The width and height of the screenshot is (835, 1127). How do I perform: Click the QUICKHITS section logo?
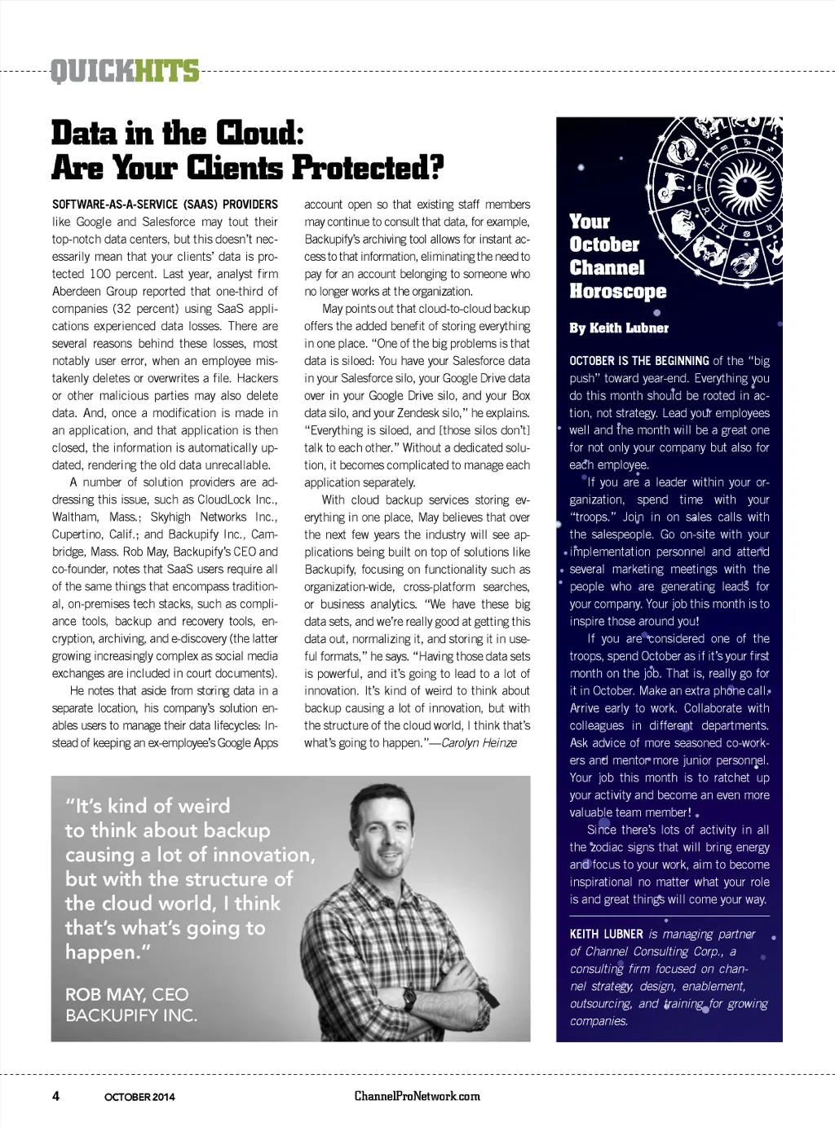tap(125, 72)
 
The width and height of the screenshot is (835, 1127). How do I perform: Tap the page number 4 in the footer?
tap(55, 1095)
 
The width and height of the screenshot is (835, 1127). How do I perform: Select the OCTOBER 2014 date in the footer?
tap(139, 1096)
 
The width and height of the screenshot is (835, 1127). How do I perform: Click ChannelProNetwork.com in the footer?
tap(417, 1095)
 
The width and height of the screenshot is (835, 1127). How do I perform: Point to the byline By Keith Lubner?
tap(619, 328)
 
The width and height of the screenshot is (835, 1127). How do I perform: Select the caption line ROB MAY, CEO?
tap(126, 994)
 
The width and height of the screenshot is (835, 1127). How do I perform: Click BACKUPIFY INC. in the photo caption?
tap(131, 1015)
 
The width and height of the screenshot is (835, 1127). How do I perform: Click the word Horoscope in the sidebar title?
tap(617, 291)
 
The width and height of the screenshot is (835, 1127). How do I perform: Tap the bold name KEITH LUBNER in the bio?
tap(607, 934)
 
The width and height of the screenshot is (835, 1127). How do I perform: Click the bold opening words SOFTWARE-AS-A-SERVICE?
tap(117, 205)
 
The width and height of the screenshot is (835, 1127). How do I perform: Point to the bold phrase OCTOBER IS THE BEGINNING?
tap(639, 360)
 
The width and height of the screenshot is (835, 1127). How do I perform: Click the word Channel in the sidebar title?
tap(607, 267)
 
